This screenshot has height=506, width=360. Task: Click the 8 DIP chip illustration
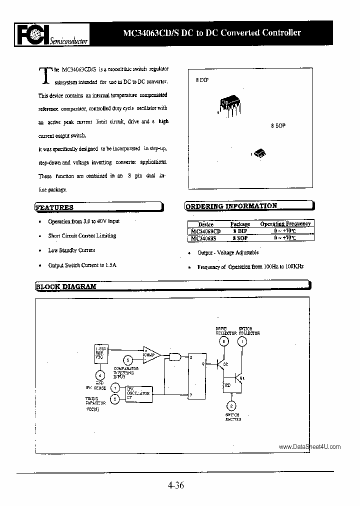228,104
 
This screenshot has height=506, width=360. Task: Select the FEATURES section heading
54,207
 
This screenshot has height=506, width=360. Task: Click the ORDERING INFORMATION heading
231,206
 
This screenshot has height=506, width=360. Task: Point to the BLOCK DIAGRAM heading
66,286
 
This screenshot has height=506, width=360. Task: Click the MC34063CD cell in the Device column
205,231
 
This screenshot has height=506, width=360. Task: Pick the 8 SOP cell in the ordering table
240,238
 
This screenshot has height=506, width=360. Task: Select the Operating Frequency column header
285,224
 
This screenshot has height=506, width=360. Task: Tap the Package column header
240,224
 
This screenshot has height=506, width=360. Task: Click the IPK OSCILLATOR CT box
137,393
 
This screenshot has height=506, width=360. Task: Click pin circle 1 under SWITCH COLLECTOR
242,342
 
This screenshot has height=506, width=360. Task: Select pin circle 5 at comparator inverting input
128,360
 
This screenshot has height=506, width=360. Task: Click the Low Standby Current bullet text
71,250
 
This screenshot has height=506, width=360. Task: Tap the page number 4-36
175,484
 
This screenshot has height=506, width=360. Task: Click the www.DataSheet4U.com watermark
309,447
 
